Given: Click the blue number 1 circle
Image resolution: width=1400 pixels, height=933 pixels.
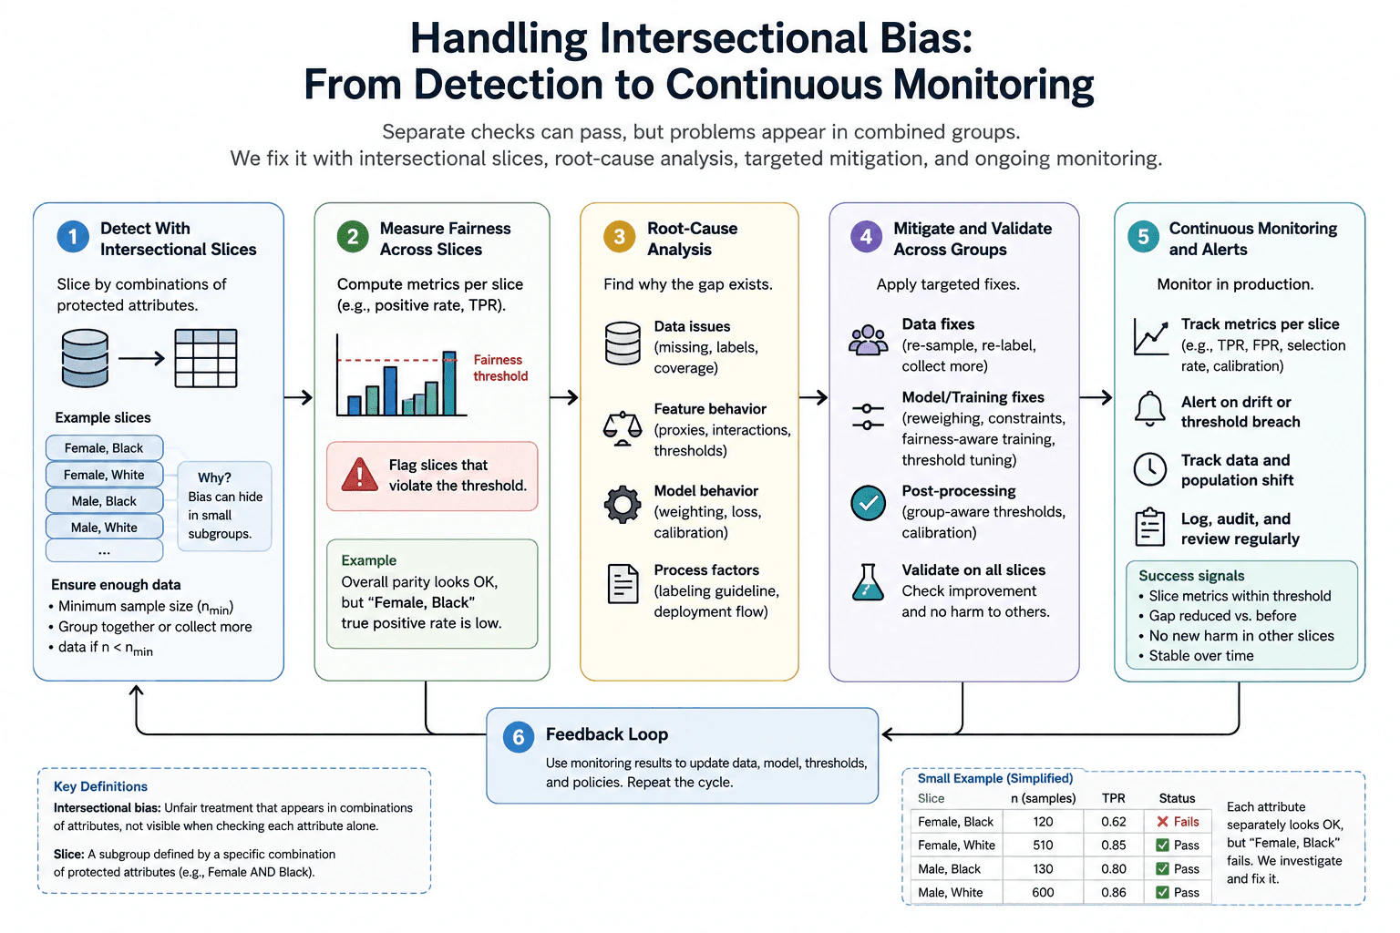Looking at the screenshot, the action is [x=73, y=237].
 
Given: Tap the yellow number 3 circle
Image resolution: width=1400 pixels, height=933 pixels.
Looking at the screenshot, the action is [x=619, y=237].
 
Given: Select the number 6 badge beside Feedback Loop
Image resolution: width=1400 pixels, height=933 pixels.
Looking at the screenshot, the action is [x=518, y=737].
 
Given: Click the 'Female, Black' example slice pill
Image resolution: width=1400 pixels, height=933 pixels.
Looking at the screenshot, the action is [x=104, y=448].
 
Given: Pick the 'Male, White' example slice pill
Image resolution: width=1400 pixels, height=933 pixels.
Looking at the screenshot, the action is [x=104, y=528].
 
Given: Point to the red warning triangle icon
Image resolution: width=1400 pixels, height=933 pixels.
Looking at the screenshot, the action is [x=359, y=475].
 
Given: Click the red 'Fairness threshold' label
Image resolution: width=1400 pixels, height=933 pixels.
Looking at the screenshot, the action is [x=500, y=367].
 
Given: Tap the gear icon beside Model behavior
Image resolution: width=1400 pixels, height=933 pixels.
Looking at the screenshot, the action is [x=622, y=504].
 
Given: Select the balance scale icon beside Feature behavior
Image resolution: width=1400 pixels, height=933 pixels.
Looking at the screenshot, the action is [x=622, y=428].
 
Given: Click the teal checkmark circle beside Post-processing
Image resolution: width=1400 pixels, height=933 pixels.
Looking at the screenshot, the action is [x=868, y=503].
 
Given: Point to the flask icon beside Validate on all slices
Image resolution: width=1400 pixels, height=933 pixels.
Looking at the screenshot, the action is [x=868, y=582].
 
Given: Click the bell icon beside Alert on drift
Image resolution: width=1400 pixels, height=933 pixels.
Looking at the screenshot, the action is [x=1149, y=409].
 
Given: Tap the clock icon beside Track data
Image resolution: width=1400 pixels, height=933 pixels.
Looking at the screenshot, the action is [x=1149, y=468].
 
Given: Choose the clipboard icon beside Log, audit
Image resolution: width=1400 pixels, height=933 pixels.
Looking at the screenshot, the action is [x=1149, y=527].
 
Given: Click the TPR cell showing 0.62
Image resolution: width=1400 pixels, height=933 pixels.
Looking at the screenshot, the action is [x=1113, y=821].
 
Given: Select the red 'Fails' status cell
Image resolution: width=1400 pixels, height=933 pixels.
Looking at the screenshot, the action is [x=1178, y=821].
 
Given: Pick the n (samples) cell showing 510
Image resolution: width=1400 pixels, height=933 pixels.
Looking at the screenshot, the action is [x=1043, y=845].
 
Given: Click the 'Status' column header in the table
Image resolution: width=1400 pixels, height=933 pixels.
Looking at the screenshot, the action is [x=1177, y=798].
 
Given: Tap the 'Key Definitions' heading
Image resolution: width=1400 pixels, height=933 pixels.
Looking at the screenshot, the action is [x=100, y=786].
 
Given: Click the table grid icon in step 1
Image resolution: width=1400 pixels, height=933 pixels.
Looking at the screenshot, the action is [x=206, y=358].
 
